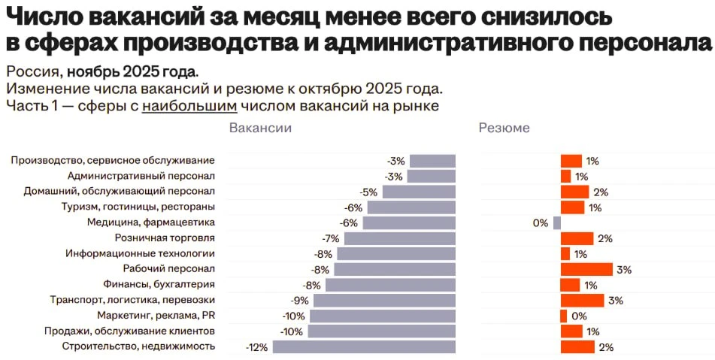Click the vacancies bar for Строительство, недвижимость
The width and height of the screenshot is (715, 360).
(x=364, y=346)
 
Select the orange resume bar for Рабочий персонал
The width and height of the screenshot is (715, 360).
(x=586, y=269)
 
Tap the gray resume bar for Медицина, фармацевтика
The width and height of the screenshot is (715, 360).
(x=557, y=222)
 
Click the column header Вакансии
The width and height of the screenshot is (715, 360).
(x=260, y=128)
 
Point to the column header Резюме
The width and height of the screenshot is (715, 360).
(x=504, y=128)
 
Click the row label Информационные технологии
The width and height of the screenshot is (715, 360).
(x=141, y=254)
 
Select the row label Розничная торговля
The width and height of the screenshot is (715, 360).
(x=169, y=238)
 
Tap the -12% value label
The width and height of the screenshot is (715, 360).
(x=257, y=347)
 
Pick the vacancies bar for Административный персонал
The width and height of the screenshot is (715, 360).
(x=432, y=176)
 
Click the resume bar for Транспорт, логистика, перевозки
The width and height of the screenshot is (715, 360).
(x=582, y=301)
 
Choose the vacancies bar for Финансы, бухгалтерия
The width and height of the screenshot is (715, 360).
(x=390, y=285)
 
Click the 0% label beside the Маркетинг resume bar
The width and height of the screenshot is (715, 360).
(x=579, y=316)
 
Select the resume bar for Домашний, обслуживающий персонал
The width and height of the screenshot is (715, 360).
(x=574, y=192)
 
